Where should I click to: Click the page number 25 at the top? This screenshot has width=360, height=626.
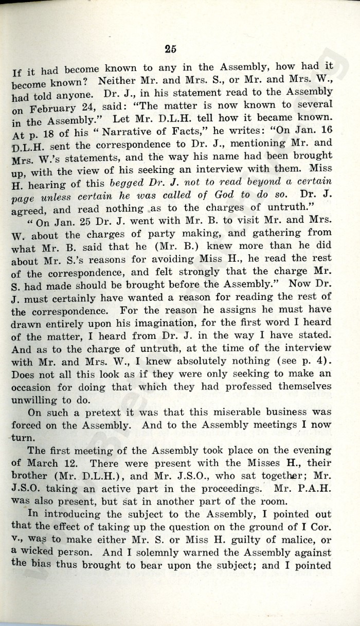click(171, 49)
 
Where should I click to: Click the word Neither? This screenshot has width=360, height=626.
click(117, 81)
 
